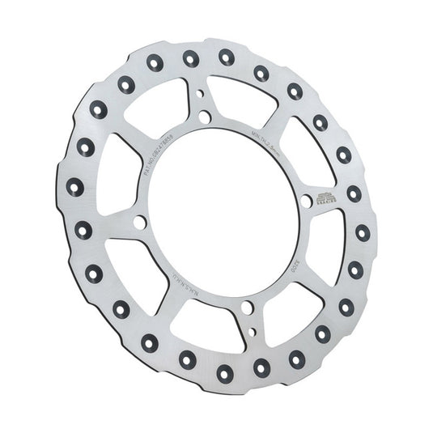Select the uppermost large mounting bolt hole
(x=205, y=118)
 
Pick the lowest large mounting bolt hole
(x=244, y=308)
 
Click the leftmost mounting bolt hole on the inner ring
(x=139, y=222)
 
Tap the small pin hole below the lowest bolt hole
(x=252, y=330)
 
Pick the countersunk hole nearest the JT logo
(x=353, y=194)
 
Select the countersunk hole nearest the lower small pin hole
(x=261, y=366)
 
